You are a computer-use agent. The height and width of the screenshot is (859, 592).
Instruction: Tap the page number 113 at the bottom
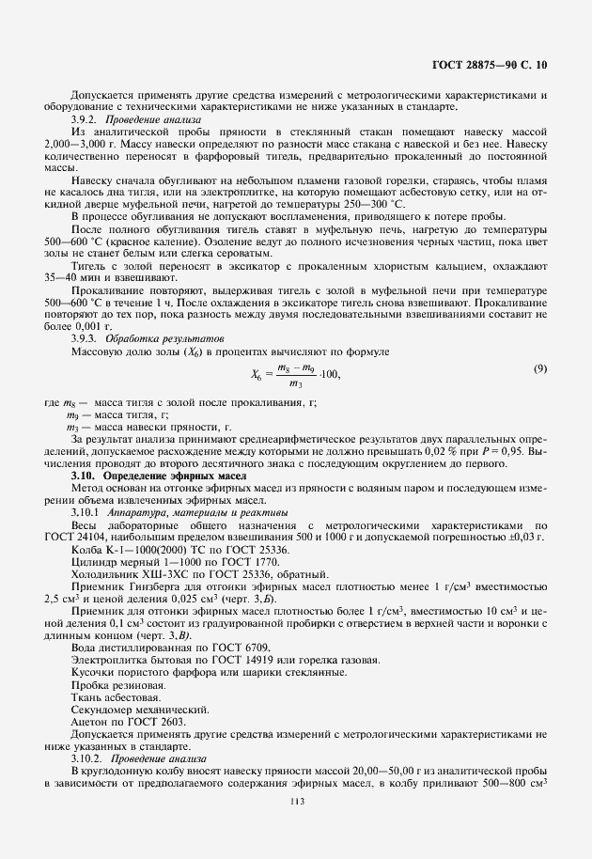pyautogui.click(x=297, y=801)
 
